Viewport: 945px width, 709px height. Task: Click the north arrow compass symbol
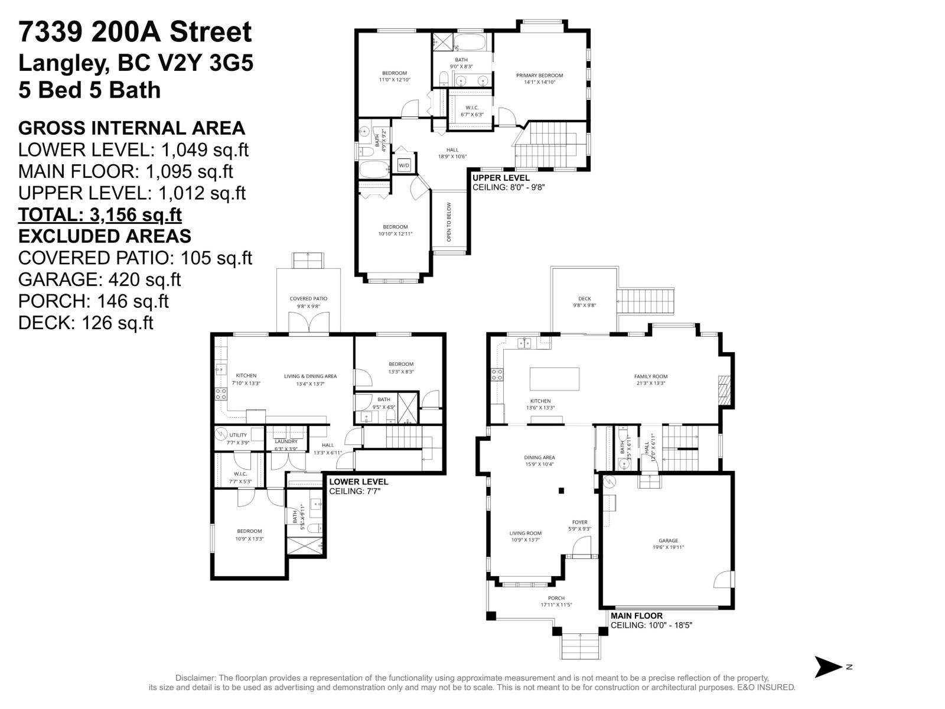(x=829, y=666)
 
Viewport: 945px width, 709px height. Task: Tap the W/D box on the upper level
(x=404, y=165)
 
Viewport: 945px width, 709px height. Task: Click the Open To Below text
(x=449, y=222)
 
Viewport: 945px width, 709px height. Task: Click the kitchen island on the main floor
(x=554, y=379)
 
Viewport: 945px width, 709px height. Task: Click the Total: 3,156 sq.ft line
(x=100, y=214)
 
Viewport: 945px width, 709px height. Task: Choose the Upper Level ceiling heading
(x=501, y=178)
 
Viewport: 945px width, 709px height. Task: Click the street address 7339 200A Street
(x=135, y=32)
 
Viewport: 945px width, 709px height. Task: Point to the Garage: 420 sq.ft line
(x=100, y=279)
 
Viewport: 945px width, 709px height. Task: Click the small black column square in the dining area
(x=562, y=490)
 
